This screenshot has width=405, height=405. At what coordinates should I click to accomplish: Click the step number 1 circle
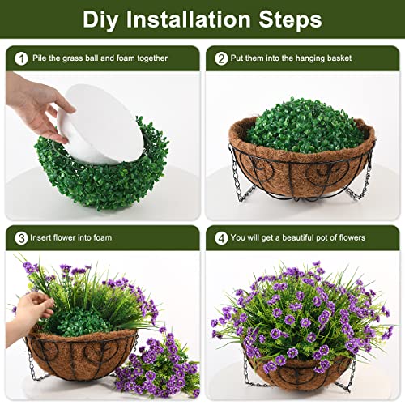click(20, 58)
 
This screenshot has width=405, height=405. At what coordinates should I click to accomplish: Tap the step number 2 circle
click(221, 58)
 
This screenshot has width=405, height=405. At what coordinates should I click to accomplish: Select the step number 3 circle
click(20, 237)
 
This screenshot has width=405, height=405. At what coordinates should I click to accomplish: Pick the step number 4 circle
click(221, 237)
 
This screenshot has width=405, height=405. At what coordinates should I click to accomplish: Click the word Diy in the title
click(105, 19)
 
